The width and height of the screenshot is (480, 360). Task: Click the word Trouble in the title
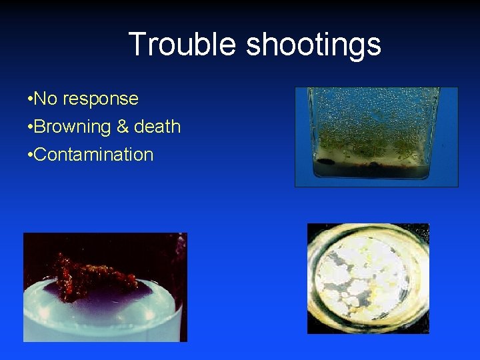point(181,45)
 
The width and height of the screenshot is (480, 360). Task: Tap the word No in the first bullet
point(45,99)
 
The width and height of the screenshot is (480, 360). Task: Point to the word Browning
point(72,127)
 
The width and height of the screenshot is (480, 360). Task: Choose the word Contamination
point(93,155)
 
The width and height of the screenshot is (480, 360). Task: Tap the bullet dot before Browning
point(29,127)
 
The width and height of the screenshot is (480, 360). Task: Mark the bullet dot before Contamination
point(29,155)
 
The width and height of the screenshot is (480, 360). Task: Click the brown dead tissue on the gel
point(93,273)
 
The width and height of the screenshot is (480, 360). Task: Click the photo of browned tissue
point(105,287)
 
